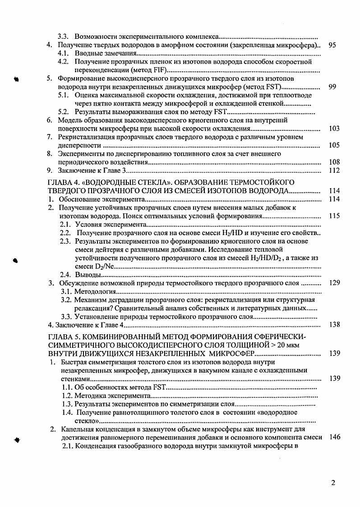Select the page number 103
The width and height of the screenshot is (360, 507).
334,129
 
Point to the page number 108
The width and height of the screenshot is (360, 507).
334,162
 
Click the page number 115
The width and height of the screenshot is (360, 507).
334,216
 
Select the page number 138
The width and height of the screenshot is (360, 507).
334,324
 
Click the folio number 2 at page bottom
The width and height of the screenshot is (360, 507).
333,483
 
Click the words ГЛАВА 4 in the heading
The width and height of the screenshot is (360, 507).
62,182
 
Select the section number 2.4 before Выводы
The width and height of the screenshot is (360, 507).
66,274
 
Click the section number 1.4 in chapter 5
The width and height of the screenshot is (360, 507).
67,412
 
